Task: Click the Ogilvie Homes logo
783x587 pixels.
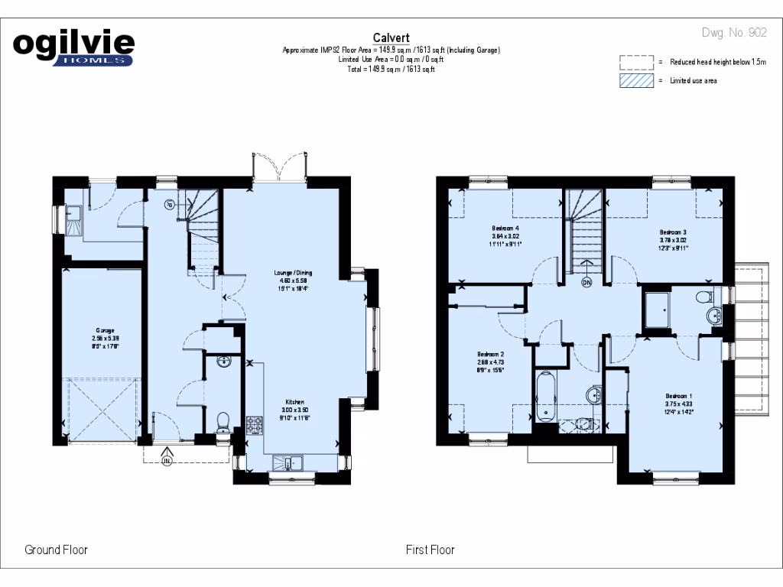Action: click(x=74, y=48)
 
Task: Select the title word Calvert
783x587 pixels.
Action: click(x=391, y=37)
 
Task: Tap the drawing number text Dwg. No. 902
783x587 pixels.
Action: click(x=734, y=33)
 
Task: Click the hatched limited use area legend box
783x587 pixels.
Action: click(x=637, y=80)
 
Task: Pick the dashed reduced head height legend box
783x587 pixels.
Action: click(x=637, y=62)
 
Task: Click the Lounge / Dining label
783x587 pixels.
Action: click(x=294, y=273)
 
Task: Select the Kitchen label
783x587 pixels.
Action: click(x=296, y=402)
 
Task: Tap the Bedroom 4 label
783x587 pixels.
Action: click(x=505, y=229)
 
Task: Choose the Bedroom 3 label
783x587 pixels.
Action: click(x=674, y=232)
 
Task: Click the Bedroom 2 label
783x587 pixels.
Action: click(x=490, y=355)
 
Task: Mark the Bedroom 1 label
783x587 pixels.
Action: click(x=678, y=396)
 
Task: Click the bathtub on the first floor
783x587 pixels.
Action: click(x=544, y=396)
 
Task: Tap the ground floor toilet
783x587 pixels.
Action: click(x=223, y=422)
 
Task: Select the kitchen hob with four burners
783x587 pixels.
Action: click(x=254, y=424)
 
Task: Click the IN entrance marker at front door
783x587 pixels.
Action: click(x=167, y=459)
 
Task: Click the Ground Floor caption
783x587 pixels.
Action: click(x=56, y=550)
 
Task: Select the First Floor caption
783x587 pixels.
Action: click(x=430, y=550)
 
